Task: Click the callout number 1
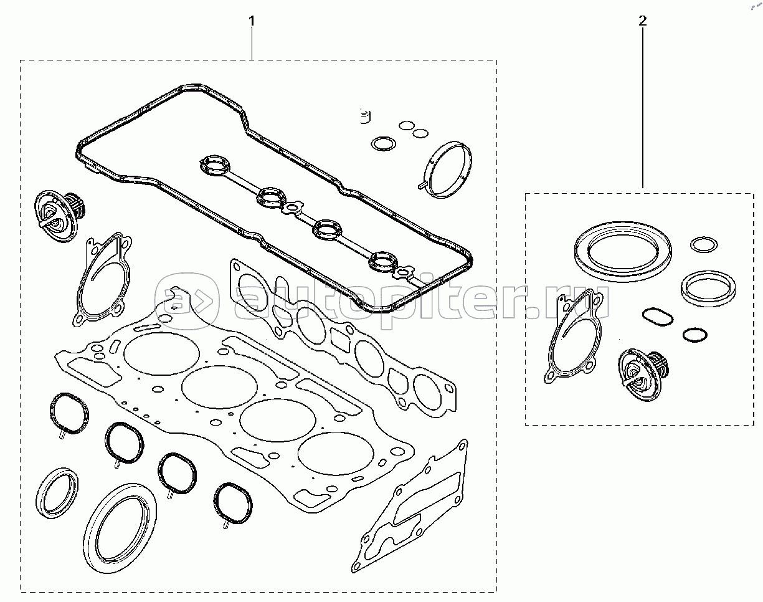252,21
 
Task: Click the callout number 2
642,21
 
